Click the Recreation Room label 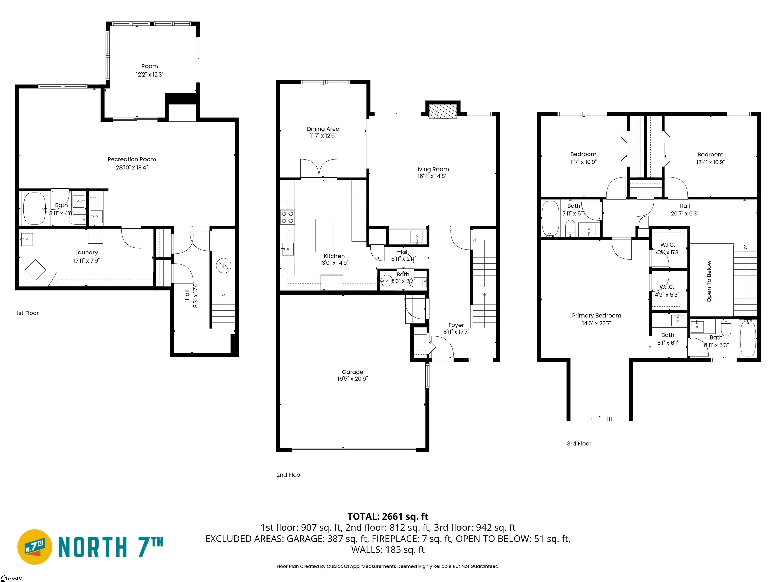click(x=132, y=159)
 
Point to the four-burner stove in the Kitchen click(x=287, y=217)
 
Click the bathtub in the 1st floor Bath click(x=34, y=208)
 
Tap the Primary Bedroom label click(x=596, y=316)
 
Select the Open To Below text click(x=709, y=281)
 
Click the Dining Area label click(x=323, y=129)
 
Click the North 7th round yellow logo click(x=35, y=547)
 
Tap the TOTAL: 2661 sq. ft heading click(x=388, y=516)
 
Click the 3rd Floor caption click(x=579, y=443)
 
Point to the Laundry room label click(x=86, y=253)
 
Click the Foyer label click(x=456, y=325)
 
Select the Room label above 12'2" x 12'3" click(x=150, y=66)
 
